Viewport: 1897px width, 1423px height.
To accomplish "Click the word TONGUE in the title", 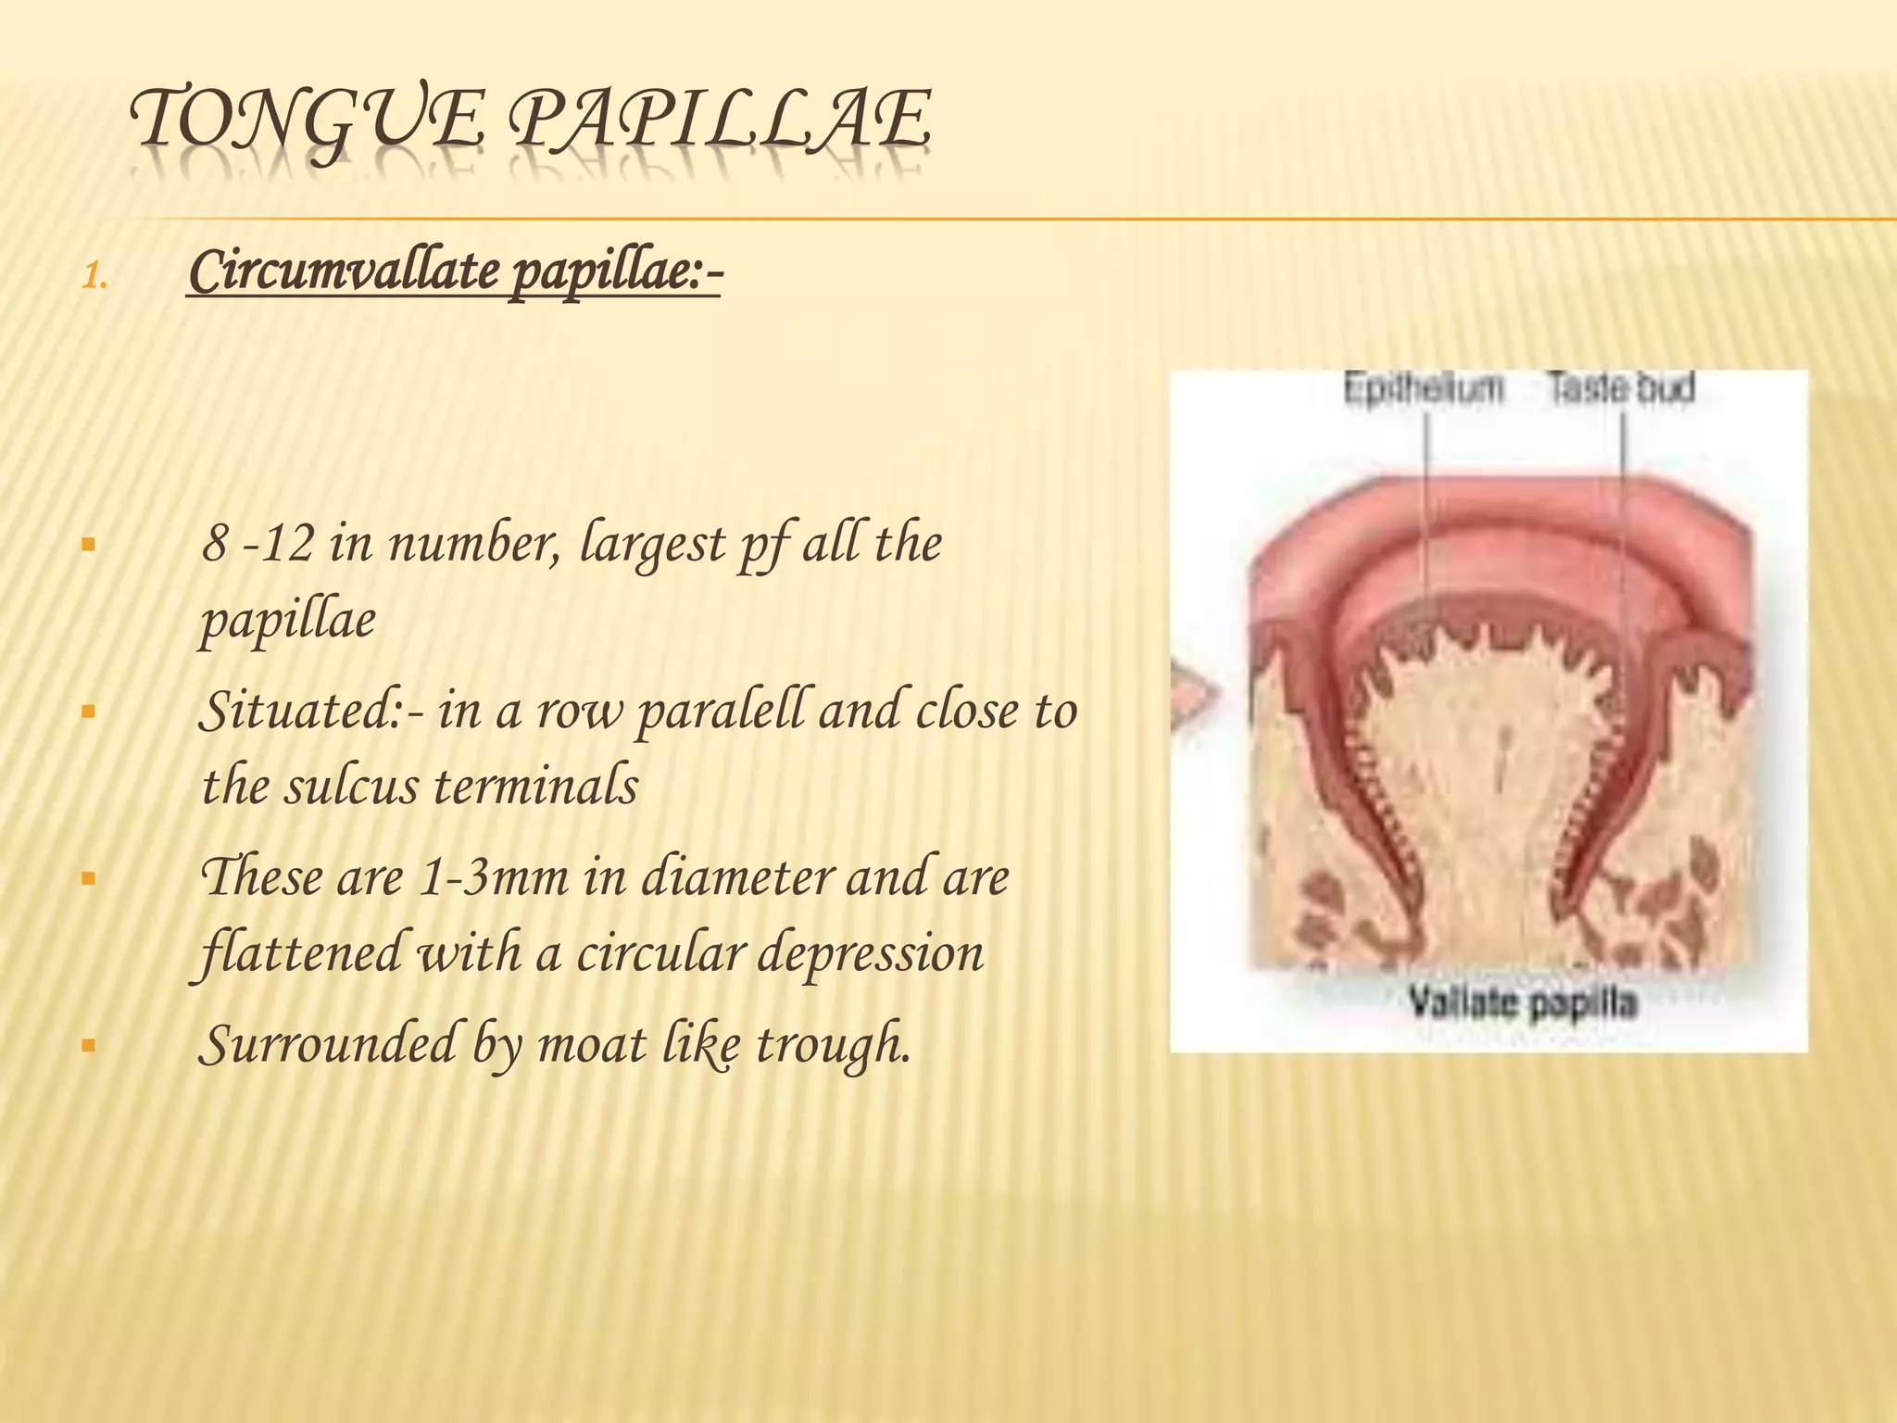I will pos(306,120).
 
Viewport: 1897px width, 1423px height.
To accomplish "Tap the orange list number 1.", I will pos(94,277).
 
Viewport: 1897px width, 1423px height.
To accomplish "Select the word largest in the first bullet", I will pos(652,545).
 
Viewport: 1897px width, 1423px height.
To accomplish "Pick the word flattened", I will pos(302,952).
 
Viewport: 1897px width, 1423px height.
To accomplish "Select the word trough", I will pos(834,1045).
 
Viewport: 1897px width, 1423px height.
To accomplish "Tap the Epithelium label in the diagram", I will pos(1424,389).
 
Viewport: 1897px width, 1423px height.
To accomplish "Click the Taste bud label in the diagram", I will pos(1622,388).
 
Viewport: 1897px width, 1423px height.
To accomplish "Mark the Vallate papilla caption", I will pos(1523,1002).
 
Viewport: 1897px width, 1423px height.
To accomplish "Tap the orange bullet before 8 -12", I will pos(89,545).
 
